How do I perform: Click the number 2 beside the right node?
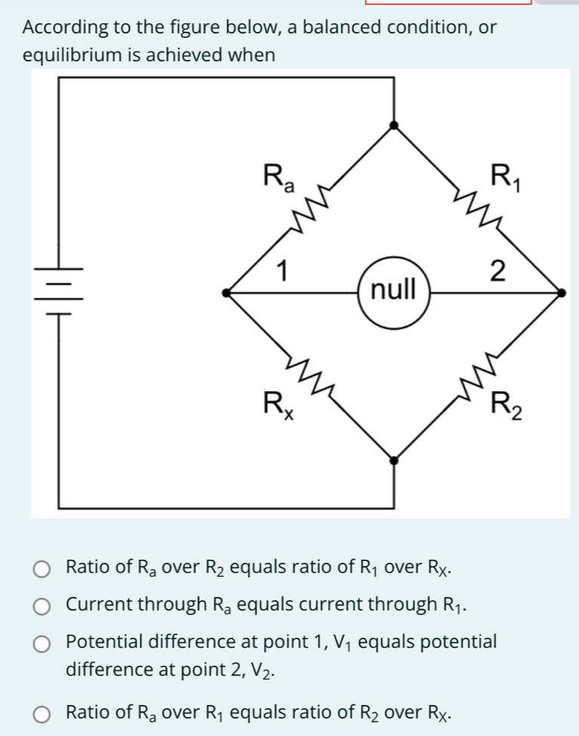tap(497, 270)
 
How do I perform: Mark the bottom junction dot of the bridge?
tap(393, 459)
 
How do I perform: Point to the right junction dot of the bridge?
tap(559, 292)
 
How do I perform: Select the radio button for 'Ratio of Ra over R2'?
tap(43, 568)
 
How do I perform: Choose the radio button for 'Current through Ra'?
tap(43, 605)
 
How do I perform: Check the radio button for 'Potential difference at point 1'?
tap(43, 643)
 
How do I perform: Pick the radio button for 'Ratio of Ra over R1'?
tap(43, 713)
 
